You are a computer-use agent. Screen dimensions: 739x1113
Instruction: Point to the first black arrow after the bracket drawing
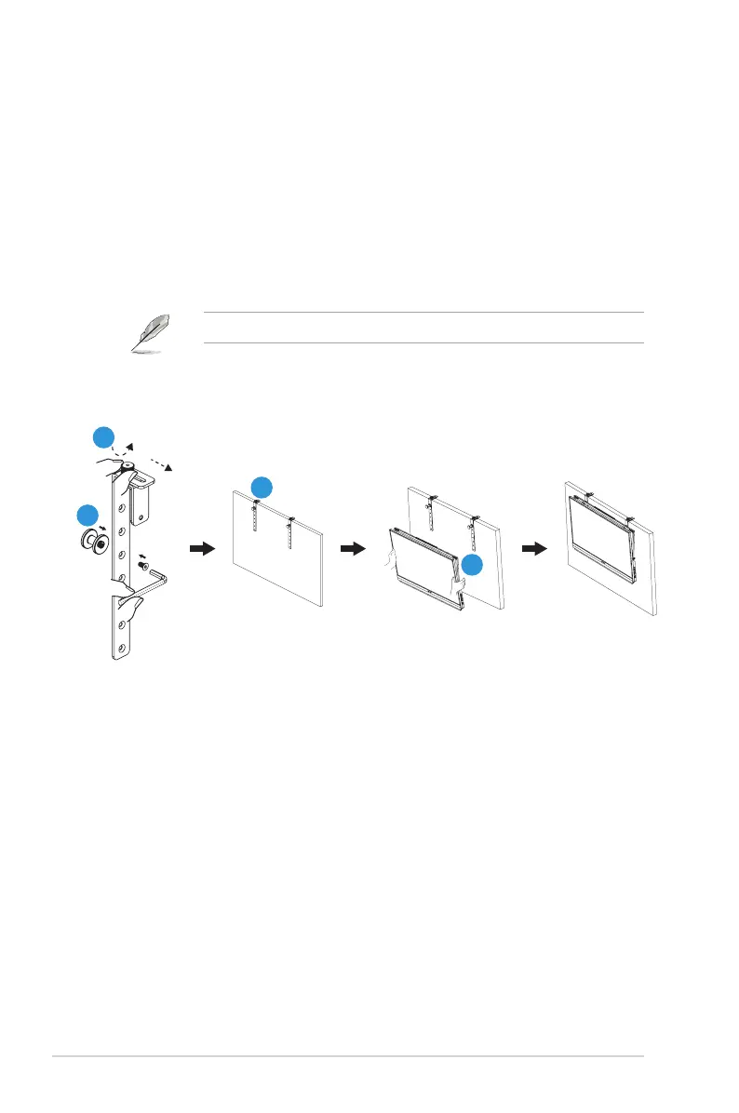[202, 550]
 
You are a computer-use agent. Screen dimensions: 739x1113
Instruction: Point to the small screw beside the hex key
[142, 564]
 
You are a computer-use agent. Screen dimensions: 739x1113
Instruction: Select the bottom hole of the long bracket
[120, 650]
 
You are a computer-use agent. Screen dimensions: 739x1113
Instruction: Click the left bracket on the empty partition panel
[254, 526]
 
